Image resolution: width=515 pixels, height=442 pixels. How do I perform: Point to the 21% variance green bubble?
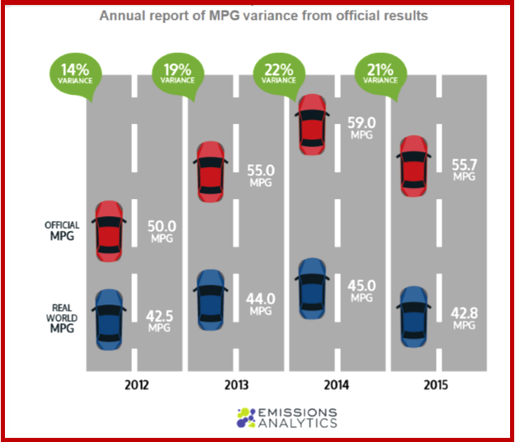point(380,73)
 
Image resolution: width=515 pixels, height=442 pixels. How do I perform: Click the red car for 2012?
point(109,231)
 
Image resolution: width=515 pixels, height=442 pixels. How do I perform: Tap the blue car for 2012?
point(109,317)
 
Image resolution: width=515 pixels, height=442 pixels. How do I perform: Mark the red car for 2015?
point(413,167)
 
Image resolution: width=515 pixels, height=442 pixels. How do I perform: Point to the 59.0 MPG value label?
point(361,127)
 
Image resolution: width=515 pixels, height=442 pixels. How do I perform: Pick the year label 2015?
point(438,386)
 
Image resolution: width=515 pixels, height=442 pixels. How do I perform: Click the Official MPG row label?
point(62,231)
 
